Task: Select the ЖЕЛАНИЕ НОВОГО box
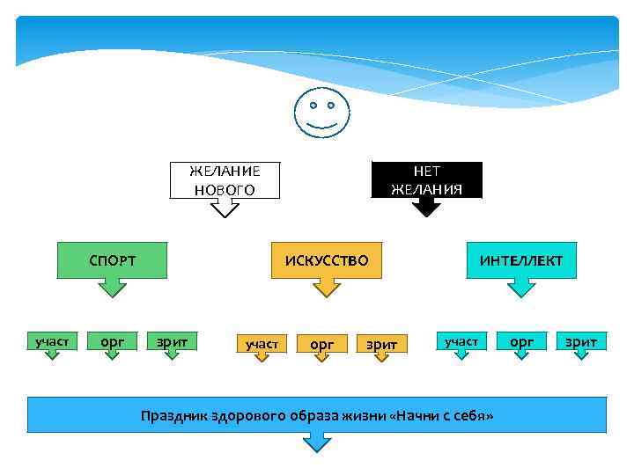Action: pos(225,179)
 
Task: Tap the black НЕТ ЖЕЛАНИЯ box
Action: pos(427,179)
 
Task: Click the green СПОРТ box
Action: pos(112,260)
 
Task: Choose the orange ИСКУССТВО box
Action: pos(327,260)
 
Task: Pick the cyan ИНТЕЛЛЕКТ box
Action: pos(521,260)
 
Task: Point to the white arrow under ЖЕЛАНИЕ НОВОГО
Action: pos(225,208)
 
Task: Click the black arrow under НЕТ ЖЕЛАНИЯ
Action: pos(427,208)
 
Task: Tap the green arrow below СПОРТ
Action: pos(112,288)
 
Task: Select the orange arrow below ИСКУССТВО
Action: pos(327,288)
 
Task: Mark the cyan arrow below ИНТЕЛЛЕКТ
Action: pos(521,288)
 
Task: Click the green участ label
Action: pos(52,340)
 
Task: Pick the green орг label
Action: pos(112,340)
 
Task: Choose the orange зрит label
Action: pos(381,344)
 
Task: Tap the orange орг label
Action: pos(321,344)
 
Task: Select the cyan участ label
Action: pos(461,340)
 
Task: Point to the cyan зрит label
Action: pos(581,340)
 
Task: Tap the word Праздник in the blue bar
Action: pos(173,415)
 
